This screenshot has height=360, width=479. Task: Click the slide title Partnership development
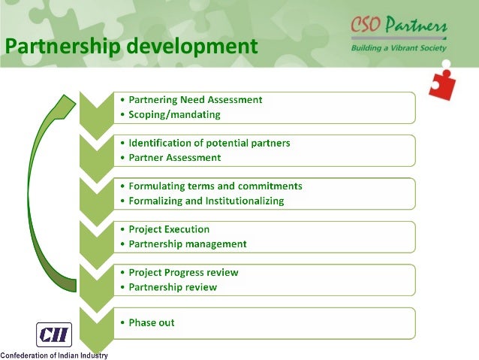pos(131,47)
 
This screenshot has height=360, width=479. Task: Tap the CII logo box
pos(54,334)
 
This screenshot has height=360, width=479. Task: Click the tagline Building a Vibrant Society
pos(398,48)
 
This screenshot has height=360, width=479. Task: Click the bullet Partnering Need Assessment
pos(195,99)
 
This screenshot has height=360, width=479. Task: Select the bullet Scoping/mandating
pos(175,115)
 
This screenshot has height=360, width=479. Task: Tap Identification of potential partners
pos(209,142)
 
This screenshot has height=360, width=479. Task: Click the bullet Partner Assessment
pos(174,158)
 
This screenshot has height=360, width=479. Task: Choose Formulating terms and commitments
pos(215,186)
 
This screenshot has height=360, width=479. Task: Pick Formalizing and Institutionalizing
pos(206,201)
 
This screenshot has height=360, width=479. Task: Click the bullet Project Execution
pos(169,228)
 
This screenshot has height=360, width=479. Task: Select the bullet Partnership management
pos(187,244)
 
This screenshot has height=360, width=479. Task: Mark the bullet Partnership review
pos(173,287)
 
